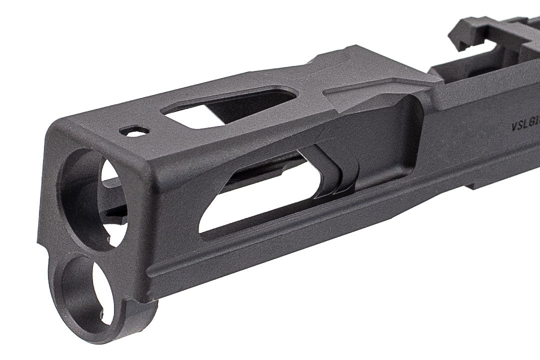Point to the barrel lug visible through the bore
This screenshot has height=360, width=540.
[112, 200]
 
